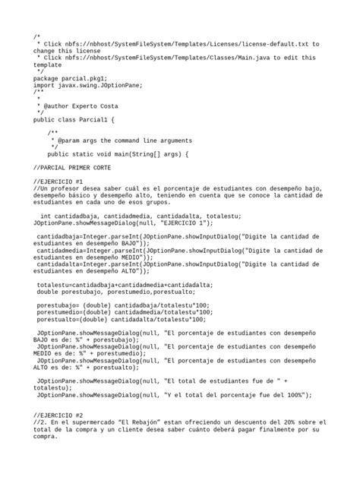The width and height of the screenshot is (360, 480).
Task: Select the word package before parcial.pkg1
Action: click(x=46, y=77)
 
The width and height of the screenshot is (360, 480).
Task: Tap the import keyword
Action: click(x=45, y=84)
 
